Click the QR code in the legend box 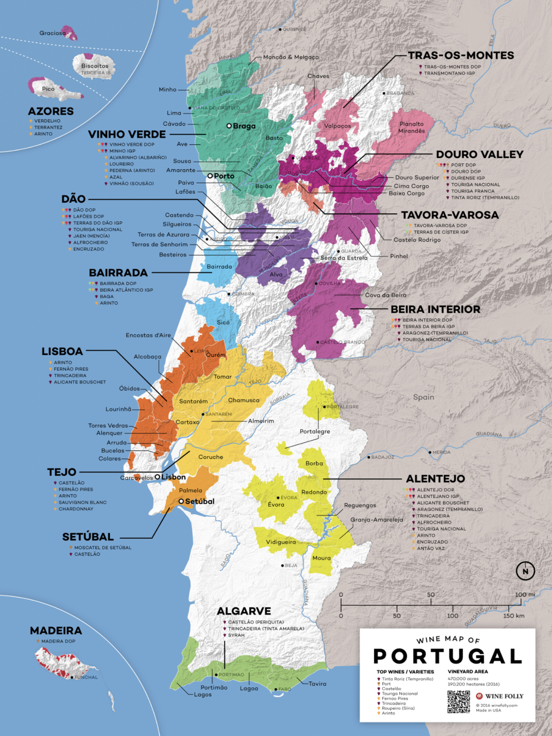click(x=459, y=702)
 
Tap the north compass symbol click(x=525, y=571)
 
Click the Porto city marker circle click(x=210, y=176)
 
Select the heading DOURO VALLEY click(x=480, y=154)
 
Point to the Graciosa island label click(x=52, y=33)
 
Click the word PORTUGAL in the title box click(x=447, y=656)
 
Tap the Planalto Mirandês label click(x=412, y=127)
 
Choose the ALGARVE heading click(x=244, y=611)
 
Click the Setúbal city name click(x=200, y=501)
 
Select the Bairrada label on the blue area click(x=219, y=267)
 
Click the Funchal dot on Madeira click(x=72, y=677)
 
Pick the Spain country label click(x=423, y=397)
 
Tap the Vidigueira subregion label click(x=280, y=542)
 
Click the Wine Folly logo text click(x=504, y=696)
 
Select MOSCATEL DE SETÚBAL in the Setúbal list click(x=102, y=548)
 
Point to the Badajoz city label click(x=382, y=457)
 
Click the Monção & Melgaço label click(x=290, y=57)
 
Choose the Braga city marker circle click(x=229, y=126)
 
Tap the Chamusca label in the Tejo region click(x=244, y=400)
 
